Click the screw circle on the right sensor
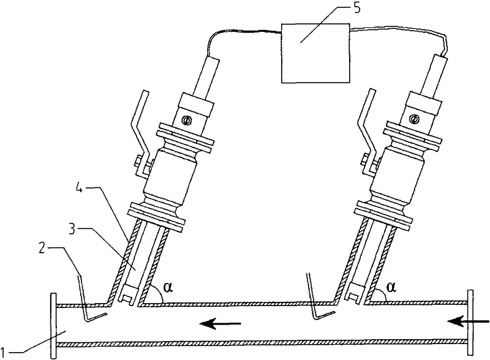tap(414, 119)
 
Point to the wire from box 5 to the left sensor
tap(239, 33)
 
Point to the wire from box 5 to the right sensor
tap(398, 31)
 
